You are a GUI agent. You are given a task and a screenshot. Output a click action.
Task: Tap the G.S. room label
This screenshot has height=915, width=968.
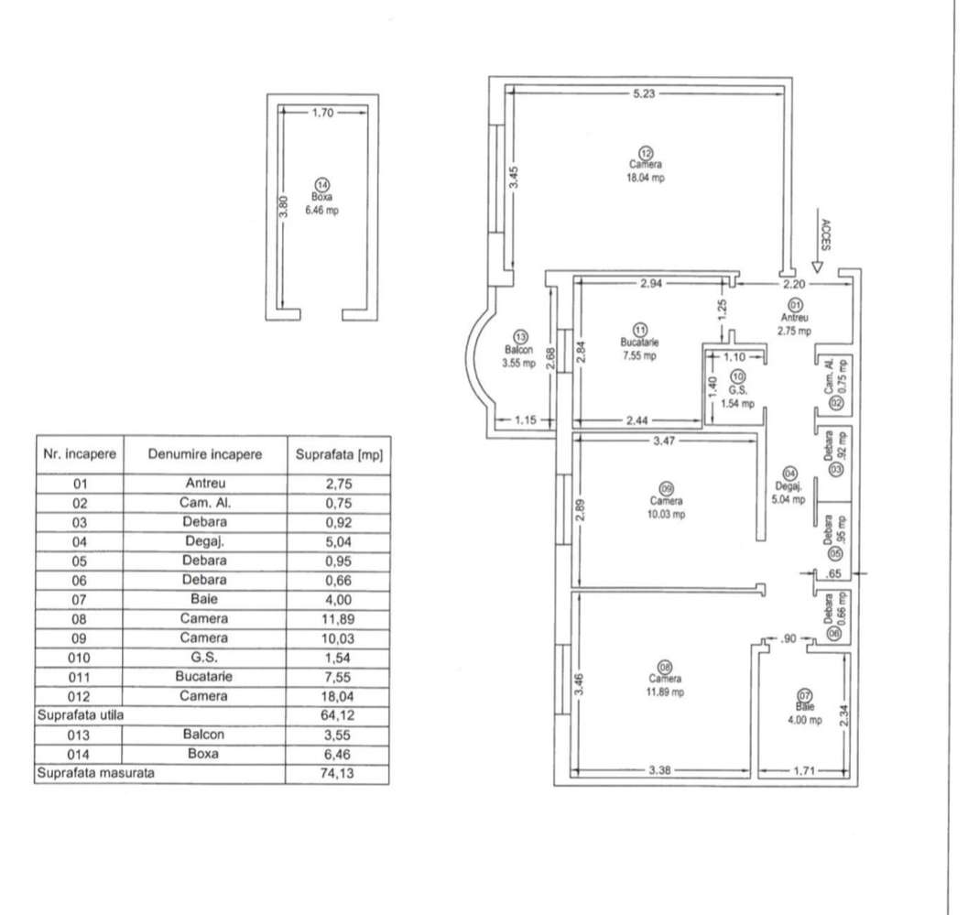pyautogui.click(x=737, y=389)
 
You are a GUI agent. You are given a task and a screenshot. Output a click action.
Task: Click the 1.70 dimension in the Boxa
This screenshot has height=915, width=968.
pyautogui.click(x=322, y=114)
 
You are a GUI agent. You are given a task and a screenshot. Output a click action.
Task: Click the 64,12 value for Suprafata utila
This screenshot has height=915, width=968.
pyautogui.click(x=337, y=713)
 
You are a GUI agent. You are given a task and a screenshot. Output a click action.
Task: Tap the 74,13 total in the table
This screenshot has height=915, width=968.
pyautogui.click(x=337, y=773)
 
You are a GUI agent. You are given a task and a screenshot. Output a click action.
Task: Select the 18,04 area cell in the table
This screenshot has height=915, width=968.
pyautogui.click(x=337, y=695)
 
